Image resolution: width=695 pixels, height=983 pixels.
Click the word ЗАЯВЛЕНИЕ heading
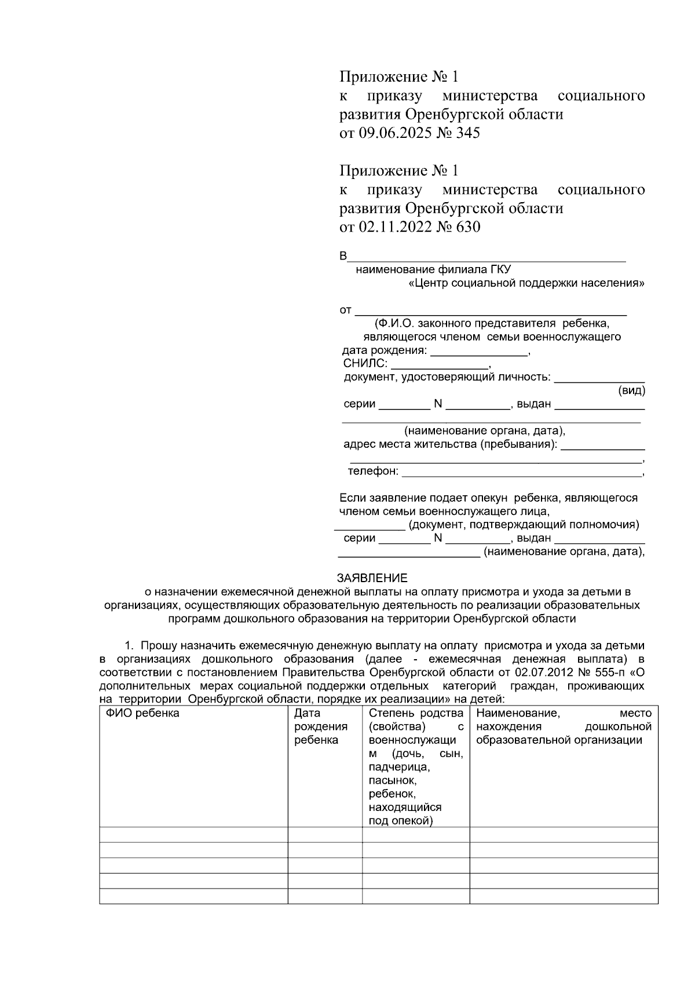[x=372, y=578]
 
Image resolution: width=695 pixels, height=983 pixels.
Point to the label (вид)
[x=631, y=391]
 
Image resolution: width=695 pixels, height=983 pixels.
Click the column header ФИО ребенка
[x=142, y=713]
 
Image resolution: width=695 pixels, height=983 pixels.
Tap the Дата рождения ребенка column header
[x=320, y=726]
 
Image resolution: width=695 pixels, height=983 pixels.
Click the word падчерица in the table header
[x=399, y=767]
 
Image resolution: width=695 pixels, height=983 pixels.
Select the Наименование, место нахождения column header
[x=563, y=726]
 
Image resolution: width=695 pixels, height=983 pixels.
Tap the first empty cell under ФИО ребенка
[x=193, y=835]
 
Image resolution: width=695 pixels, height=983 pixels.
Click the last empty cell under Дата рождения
[x=325, y=896]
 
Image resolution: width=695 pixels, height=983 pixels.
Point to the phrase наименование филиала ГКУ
[x=433, y=269]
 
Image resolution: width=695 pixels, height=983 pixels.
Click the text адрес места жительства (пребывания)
[x=450, y=445]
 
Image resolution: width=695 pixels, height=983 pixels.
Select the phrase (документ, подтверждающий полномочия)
[x=524, y=525]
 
